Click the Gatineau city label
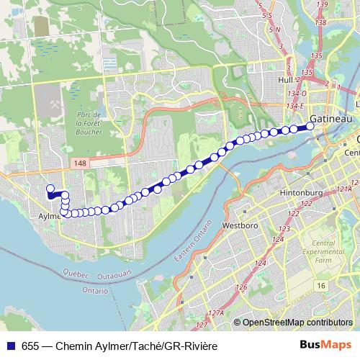coord(330,117)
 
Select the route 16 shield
coord(320,286)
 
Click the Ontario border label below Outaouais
coord(94,291)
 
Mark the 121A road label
coord(343,189)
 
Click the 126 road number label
coord(242,288)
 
